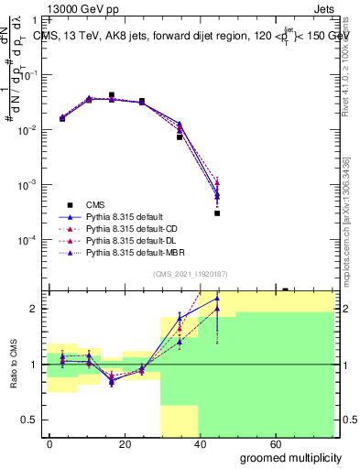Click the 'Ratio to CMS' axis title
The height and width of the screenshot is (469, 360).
tap(12, 365)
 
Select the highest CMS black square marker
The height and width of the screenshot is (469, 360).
tap(112, 94)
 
